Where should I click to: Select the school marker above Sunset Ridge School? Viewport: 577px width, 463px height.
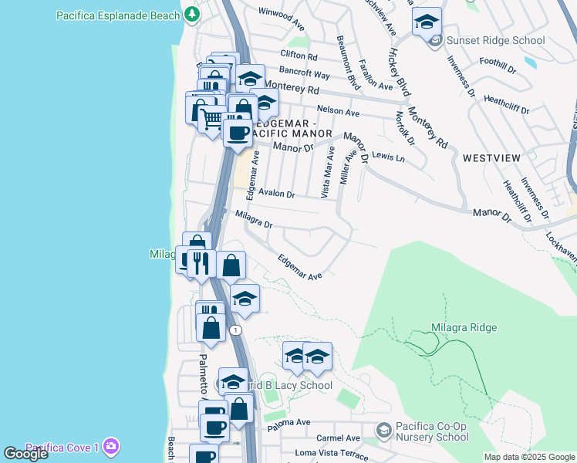[427, 24]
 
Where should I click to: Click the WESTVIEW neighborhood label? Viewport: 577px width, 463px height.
[491, 157]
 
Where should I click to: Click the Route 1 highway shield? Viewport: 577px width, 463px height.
[235, 330]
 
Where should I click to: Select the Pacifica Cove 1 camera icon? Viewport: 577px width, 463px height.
[111, 447]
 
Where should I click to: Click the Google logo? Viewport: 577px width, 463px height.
[25, 455]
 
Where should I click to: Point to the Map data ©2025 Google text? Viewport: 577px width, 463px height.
[528, 457]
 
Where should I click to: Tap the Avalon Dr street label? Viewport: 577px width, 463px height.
[277, 194]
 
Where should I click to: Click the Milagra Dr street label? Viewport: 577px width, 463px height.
[254, 219]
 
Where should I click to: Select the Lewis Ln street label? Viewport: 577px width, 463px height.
[388, 157]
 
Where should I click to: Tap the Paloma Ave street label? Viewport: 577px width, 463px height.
[288, 422]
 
